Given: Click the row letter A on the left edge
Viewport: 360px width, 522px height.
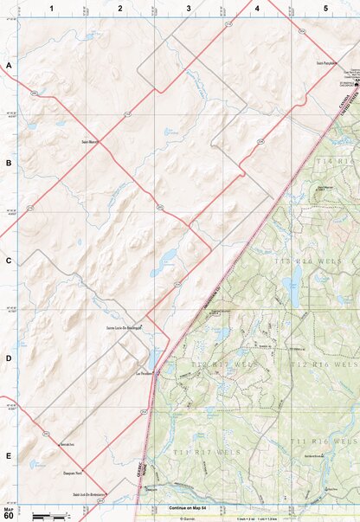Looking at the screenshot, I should click(9, 66).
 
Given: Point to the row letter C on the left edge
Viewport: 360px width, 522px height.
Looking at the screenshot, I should click(9, 261).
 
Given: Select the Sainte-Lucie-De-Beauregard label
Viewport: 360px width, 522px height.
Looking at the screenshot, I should click(123, 329).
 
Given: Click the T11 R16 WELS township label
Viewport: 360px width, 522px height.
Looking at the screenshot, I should click(326, 441).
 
